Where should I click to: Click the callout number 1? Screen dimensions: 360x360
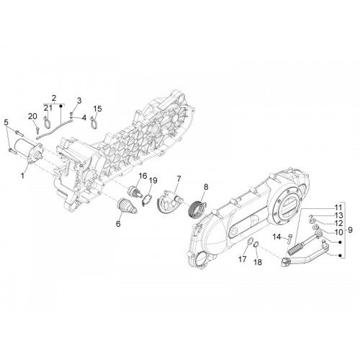click(x=22, y=176)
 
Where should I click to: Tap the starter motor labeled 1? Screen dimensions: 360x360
click(x=29, y=152)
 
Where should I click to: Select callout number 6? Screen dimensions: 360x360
click(x=118, y=224)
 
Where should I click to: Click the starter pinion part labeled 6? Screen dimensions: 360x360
click(x=128, y=205)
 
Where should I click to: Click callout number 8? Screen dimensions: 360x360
click(x=206, y=186)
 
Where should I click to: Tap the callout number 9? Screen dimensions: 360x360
click(x=350, y=230)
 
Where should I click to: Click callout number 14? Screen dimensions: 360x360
click(x=276, y=237)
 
